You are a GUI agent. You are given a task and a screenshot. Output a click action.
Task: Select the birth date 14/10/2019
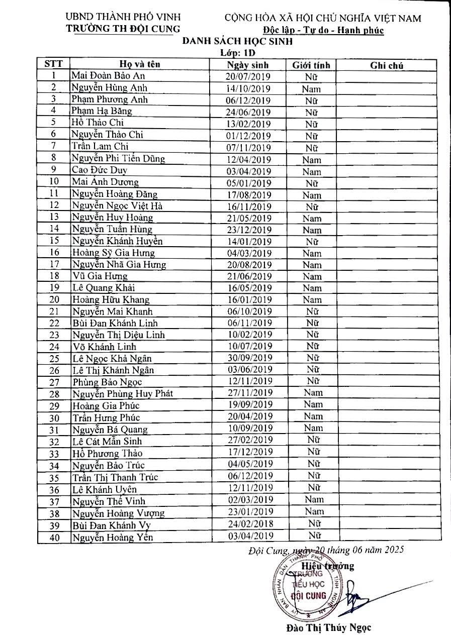248,88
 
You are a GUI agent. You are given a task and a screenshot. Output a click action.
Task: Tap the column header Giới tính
311,65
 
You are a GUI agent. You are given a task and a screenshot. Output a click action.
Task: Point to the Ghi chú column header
387,65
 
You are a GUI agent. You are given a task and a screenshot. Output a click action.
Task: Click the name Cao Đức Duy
99,170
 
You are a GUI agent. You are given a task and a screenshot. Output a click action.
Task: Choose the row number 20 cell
54,299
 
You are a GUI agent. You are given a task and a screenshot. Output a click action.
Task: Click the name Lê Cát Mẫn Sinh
107,441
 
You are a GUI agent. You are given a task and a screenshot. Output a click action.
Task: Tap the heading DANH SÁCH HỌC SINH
237,42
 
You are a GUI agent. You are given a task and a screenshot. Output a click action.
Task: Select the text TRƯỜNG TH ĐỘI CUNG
123,28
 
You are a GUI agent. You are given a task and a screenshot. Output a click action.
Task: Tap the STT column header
54,64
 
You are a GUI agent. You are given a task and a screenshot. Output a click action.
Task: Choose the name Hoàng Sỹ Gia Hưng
113,253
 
